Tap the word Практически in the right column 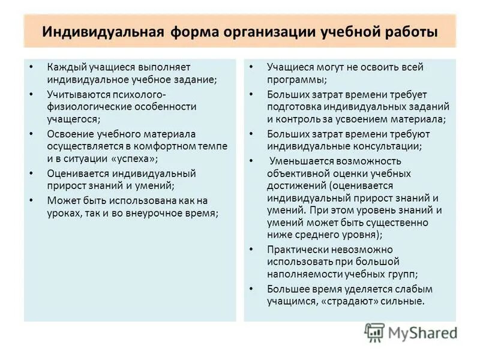(x=296, y=248)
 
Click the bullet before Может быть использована (x=32, y=200)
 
